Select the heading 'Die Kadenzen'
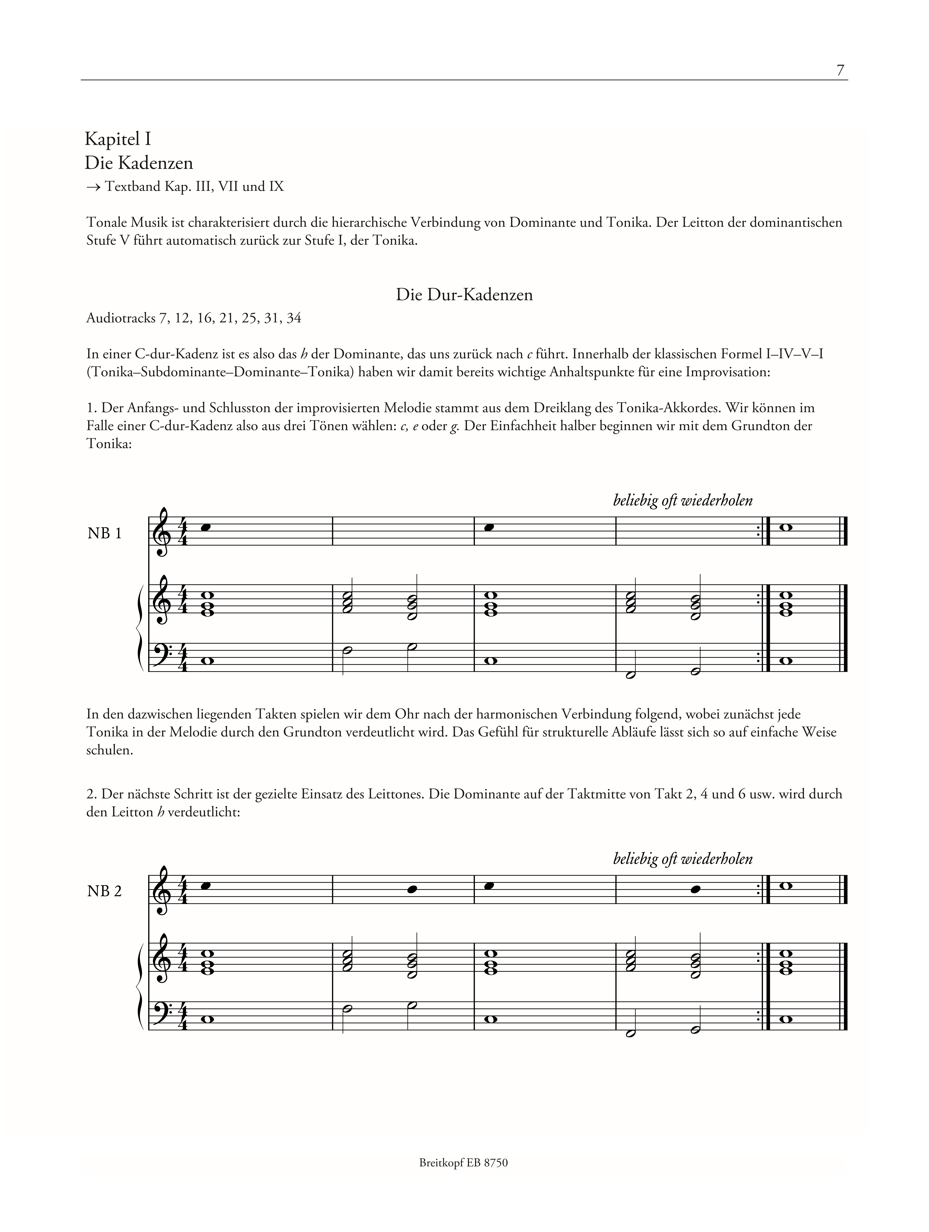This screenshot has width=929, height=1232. click(x=139, y=163)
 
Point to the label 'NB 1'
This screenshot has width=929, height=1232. click(x=104, y=534)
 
